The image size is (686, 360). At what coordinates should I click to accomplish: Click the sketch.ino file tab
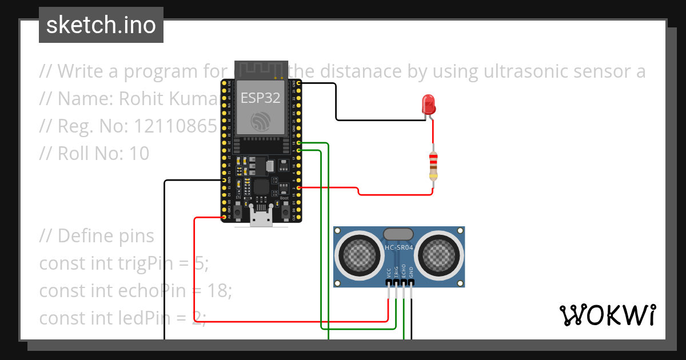pos(101,25)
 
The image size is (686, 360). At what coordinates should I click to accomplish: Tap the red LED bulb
pos(428,103)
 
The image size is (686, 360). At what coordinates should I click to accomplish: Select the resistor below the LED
pos(434,166)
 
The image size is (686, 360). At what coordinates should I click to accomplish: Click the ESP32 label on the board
pos(261,98)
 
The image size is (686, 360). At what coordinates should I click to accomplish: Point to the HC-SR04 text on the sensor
pos(399,247)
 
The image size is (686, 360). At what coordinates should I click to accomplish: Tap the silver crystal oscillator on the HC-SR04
pos(398,234)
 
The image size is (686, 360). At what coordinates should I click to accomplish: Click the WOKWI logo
pos(608,315)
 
